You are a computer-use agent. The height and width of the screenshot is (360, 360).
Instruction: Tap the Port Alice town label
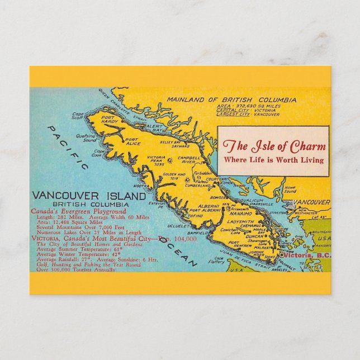point(132,142)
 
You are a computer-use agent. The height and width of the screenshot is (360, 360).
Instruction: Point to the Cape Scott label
point(77,115)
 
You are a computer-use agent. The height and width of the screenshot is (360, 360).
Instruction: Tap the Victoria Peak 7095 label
point(156,160)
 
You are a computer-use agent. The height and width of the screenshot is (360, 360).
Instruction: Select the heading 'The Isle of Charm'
point(273,146)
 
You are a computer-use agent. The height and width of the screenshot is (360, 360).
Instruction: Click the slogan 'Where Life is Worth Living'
point(273,160)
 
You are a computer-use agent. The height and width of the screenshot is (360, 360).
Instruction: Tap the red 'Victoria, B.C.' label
point(306,255)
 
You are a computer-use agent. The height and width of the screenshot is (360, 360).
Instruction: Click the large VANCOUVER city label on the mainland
point(311,202)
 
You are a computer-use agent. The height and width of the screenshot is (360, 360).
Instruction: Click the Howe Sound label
point(290,188)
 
